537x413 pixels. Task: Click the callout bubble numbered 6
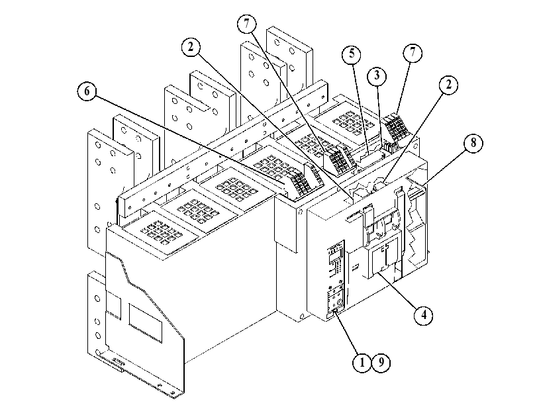[x=87, y=91]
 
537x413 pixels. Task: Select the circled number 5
[x=352, y=54]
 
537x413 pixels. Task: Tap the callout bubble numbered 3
[x=377, y=75]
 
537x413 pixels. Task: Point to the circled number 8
[x=473, y=143]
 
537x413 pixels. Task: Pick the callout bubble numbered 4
[x=424, y=315]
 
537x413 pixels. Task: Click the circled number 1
[x=362, y=362]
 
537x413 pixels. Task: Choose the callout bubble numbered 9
[x=381, y=362]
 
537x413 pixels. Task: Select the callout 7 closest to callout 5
[x=413, y=53]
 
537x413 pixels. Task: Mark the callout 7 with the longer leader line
[x=246, y=24]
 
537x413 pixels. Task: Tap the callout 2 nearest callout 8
[x=448, y=85]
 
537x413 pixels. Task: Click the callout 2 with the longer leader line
[x=191, y=47]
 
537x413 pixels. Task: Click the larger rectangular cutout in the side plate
[x=145, y=323]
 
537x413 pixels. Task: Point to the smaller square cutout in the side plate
[x=113, y=304]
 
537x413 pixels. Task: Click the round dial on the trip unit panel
[x=338, y=302]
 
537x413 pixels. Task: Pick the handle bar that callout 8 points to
[x=415, y=194]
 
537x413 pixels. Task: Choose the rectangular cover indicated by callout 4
[x=383, y=259]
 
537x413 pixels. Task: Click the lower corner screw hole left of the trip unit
[x=301, y=316]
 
